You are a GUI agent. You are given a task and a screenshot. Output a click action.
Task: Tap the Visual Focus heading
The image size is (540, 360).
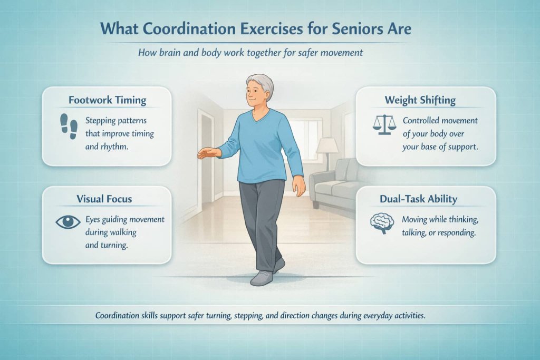click(104, 199)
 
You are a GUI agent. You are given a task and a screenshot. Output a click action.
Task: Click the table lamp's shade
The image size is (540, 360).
click(327, 145)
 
